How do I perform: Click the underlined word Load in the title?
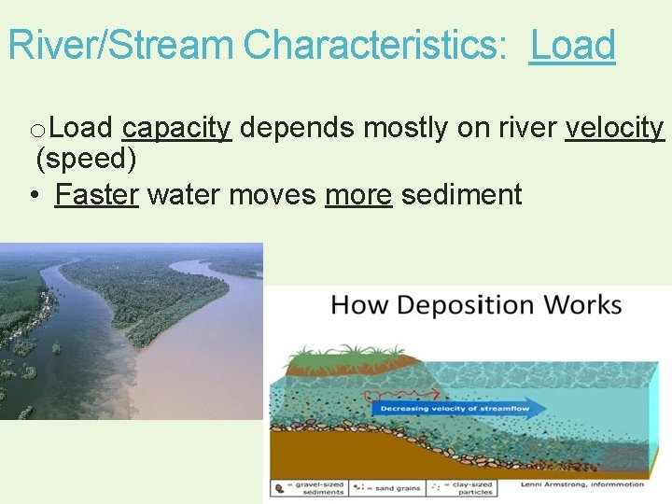(572, 45)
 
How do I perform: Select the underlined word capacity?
(176, 128)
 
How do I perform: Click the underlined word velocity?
(614, 128)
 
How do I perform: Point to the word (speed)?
(86, 160)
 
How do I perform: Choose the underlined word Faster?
(96, 195)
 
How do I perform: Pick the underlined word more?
(357, 195)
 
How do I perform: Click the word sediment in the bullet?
(461, 195)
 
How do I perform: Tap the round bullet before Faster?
(33, 195)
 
